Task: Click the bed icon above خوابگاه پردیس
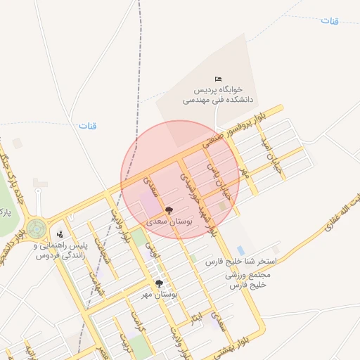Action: pyautogui.click(x=217, y=79)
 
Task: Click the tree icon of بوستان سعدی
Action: pyautogui.click(x=169, y=210)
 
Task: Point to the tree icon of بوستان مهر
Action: pyautogui.click(x=159, y=283)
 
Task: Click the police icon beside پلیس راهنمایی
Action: pyautogui.click(x=60, y=234)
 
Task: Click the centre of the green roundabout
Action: pyautogui.click(x=36, y=229)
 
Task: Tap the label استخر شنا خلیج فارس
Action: pyautogui.click(x=241, y=261)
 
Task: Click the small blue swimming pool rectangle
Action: pyautogui.click(x=241, y=250)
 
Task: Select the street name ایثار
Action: pyautogui.click(x=199, y=321)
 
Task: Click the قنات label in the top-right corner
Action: pyautogui.click(x=330, y=20)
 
